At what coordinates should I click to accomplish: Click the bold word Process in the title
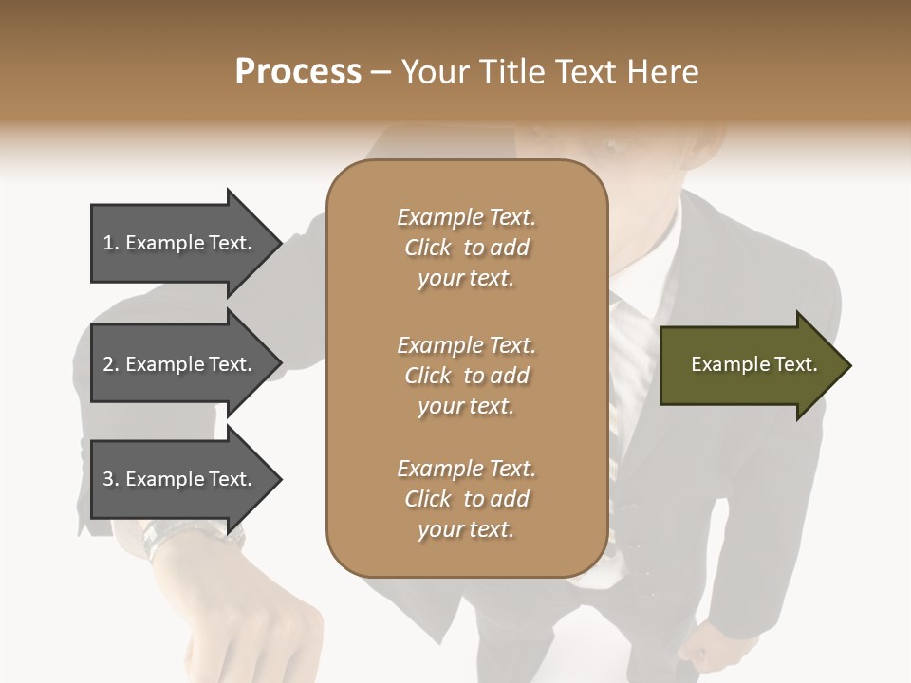click(298, 72)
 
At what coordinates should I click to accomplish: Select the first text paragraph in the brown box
click(466, 248)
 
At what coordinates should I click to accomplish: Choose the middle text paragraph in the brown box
click(466, 376)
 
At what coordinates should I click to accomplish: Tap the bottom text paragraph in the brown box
click(466, 499)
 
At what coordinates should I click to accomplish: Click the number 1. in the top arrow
click(111, 243)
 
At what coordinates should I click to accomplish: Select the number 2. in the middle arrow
click(111, 364)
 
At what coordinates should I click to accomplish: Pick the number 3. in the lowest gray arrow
click(111, 479)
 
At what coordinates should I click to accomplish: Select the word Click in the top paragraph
click(428, 248)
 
